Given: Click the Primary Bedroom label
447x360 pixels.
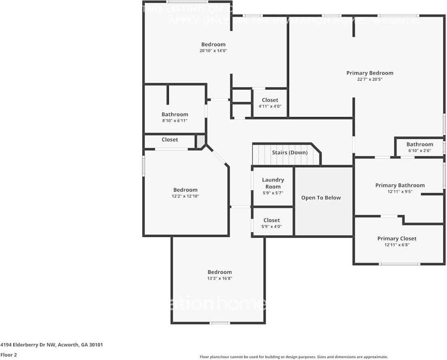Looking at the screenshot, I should click(370, 73).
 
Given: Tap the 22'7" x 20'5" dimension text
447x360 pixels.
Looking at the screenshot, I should click(370, 79).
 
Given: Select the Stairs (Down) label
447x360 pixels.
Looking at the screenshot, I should click(289, 153).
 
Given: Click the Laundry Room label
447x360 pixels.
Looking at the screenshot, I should click(273, 183).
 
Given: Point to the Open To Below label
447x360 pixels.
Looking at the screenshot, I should click(321, 198).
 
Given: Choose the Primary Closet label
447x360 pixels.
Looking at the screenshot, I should click(397, 239).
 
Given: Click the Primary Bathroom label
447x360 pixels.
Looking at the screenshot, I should click(400, 185).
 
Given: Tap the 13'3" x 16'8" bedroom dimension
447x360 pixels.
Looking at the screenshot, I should click(219, 278).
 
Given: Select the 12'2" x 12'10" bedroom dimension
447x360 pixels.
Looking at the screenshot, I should click(185, 196).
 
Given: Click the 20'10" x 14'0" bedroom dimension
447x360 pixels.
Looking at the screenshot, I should click(213, 51).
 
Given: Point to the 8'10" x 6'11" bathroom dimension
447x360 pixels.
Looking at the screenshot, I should click(175, 121).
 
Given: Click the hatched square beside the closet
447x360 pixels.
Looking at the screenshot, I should click(200, 141).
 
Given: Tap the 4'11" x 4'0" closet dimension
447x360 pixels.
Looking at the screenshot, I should click(270, 106).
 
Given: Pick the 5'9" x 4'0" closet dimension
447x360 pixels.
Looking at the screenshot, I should click(271, 226).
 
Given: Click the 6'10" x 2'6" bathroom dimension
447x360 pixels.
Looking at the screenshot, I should click(419, 151).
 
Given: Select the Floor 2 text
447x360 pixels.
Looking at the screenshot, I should click(9, 354).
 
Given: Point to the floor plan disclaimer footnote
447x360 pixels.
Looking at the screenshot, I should click(294, 357).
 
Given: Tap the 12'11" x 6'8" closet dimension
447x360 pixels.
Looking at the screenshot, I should click(397, 245).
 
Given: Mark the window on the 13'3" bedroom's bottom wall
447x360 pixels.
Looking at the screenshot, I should click(220, 323).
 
